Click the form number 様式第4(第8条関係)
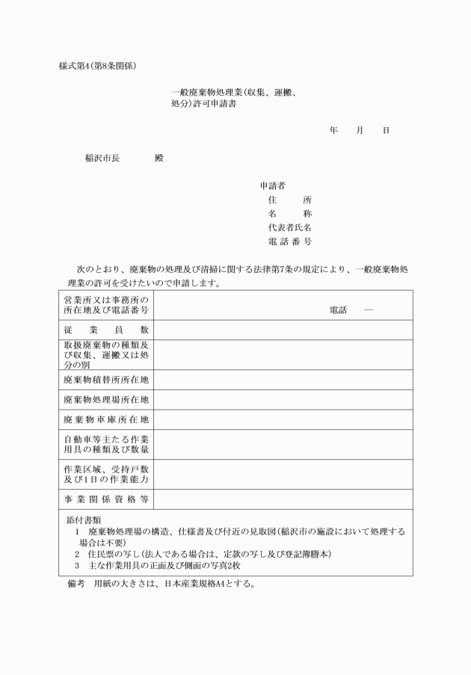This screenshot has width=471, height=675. pyautogui.click(x=97, y=65)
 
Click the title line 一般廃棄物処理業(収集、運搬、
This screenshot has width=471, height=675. pyautogui.click(x=235, y=93)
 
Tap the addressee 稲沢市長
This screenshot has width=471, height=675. pyautogui.click(x=102, y=158)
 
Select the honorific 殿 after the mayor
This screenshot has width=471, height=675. pyautogui.click(x=158, y=158)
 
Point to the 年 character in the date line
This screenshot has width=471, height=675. pyautogui.click(x=333, y=130)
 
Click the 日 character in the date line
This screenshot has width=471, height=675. pyautogui.click(x=386, y=130)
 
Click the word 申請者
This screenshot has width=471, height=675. pyautogui.click(x=272, y=185)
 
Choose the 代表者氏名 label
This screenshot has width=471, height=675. pyautogui.click(x=289, y=227)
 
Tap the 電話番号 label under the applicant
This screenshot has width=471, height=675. pyautogui.click(x=289, y=241)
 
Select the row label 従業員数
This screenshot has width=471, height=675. pyautogui.click(x=106, y=330)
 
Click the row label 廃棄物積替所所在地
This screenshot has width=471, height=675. pyautogui.click(x=106, y=379)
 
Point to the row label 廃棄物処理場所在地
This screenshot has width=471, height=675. pyautogui.click(x=106, y=399)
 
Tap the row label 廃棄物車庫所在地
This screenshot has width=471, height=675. pyautogui.click(x=106, y=419)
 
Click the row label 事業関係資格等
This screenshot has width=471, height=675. pyautogui.click(x=106, y=499)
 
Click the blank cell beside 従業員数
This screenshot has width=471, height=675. pyautogui.click(x=283, y=330)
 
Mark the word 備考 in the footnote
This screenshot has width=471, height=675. pyautogui.click(x=77, y=582)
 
